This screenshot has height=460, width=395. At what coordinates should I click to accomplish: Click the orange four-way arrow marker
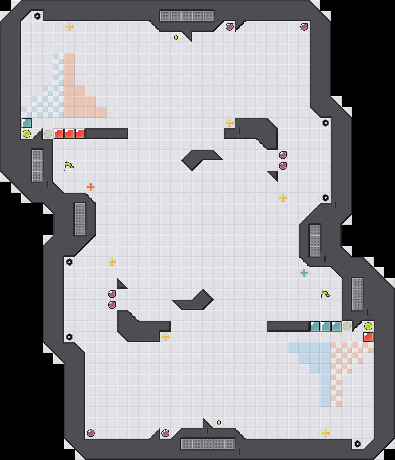(91, 187)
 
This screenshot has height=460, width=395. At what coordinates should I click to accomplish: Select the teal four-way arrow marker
(304, 273)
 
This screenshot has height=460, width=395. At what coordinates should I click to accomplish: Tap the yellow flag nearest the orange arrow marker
(69, 166)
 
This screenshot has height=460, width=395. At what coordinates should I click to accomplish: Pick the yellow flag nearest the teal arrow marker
(325, 294)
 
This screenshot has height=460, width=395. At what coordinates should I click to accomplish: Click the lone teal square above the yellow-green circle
(27, 123)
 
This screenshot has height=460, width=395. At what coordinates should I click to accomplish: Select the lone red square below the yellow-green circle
(368, 337)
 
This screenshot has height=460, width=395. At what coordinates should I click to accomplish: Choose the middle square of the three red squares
(69, 134)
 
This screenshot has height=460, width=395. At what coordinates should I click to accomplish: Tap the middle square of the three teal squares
(326, 326)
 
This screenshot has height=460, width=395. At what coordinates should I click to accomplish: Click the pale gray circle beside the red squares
(48, 134)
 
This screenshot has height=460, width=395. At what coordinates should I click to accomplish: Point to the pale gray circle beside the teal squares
(347, 326)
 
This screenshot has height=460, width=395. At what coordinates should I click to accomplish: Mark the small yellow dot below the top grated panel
(176, 37)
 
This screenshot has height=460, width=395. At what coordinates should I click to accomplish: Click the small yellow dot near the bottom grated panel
(219, 423)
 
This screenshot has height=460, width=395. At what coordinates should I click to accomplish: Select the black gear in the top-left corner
(37, 16)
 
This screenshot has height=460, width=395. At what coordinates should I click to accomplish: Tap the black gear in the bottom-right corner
(358, 444)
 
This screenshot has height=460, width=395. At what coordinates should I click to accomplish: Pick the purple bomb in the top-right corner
(304, 27)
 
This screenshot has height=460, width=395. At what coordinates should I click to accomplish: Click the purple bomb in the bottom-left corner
(91, 433)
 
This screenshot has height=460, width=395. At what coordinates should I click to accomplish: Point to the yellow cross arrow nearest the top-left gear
(69, 27)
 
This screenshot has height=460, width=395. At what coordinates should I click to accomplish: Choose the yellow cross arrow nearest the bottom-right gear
(326, 433)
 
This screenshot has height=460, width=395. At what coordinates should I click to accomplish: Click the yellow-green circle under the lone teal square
(27, 134)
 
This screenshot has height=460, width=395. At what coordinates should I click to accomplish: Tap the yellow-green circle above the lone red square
(368, 326)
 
